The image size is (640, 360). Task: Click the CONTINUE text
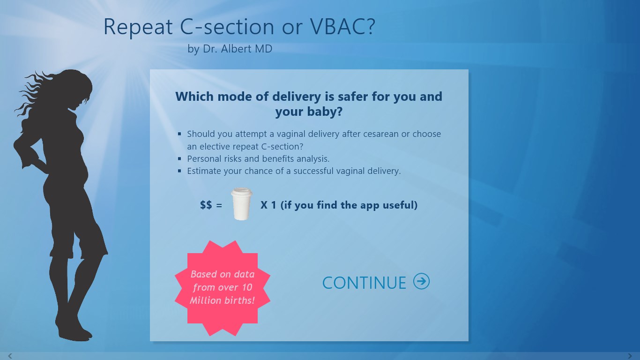point(364,283)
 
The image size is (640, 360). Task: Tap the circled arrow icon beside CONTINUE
point(421,281)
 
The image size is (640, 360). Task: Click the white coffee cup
point(241,204)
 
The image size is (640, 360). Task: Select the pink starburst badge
point(222,288)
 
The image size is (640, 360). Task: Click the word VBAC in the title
point(342,26)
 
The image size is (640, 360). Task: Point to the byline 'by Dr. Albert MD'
point(230,49)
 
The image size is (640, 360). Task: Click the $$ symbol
point(206,205)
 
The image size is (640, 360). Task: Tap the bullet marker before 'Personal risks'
point(179,158)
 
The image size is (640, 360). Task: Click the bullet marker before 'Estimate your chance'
point(179,171)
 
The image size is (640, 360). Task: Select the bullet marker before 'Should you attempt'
point(179,134)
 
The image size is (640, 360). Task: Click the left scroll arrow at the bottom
point(10,356)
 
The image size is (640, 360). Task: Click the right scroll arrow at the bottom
point(630,356)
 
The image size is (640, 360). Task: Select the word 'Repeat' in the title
point(138,27)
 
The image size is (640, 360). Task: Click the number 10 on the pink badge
point(247,287)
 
